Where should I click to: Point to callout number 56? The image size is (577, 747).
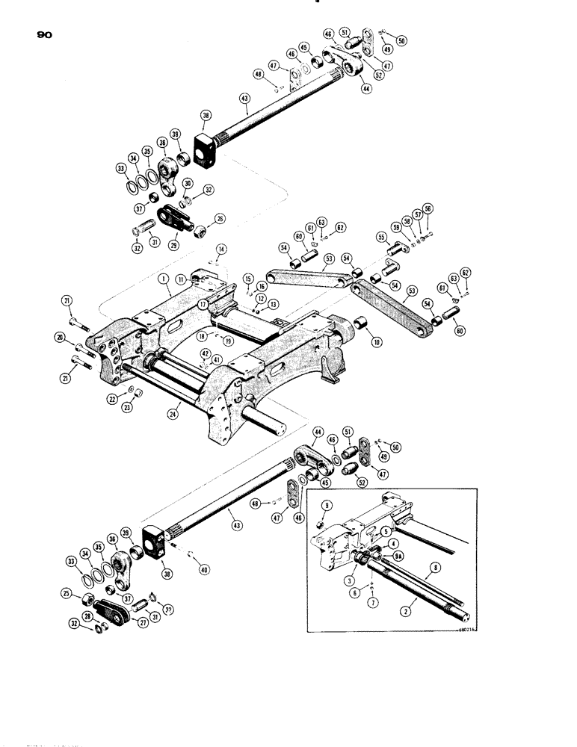tap(428, 208)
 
